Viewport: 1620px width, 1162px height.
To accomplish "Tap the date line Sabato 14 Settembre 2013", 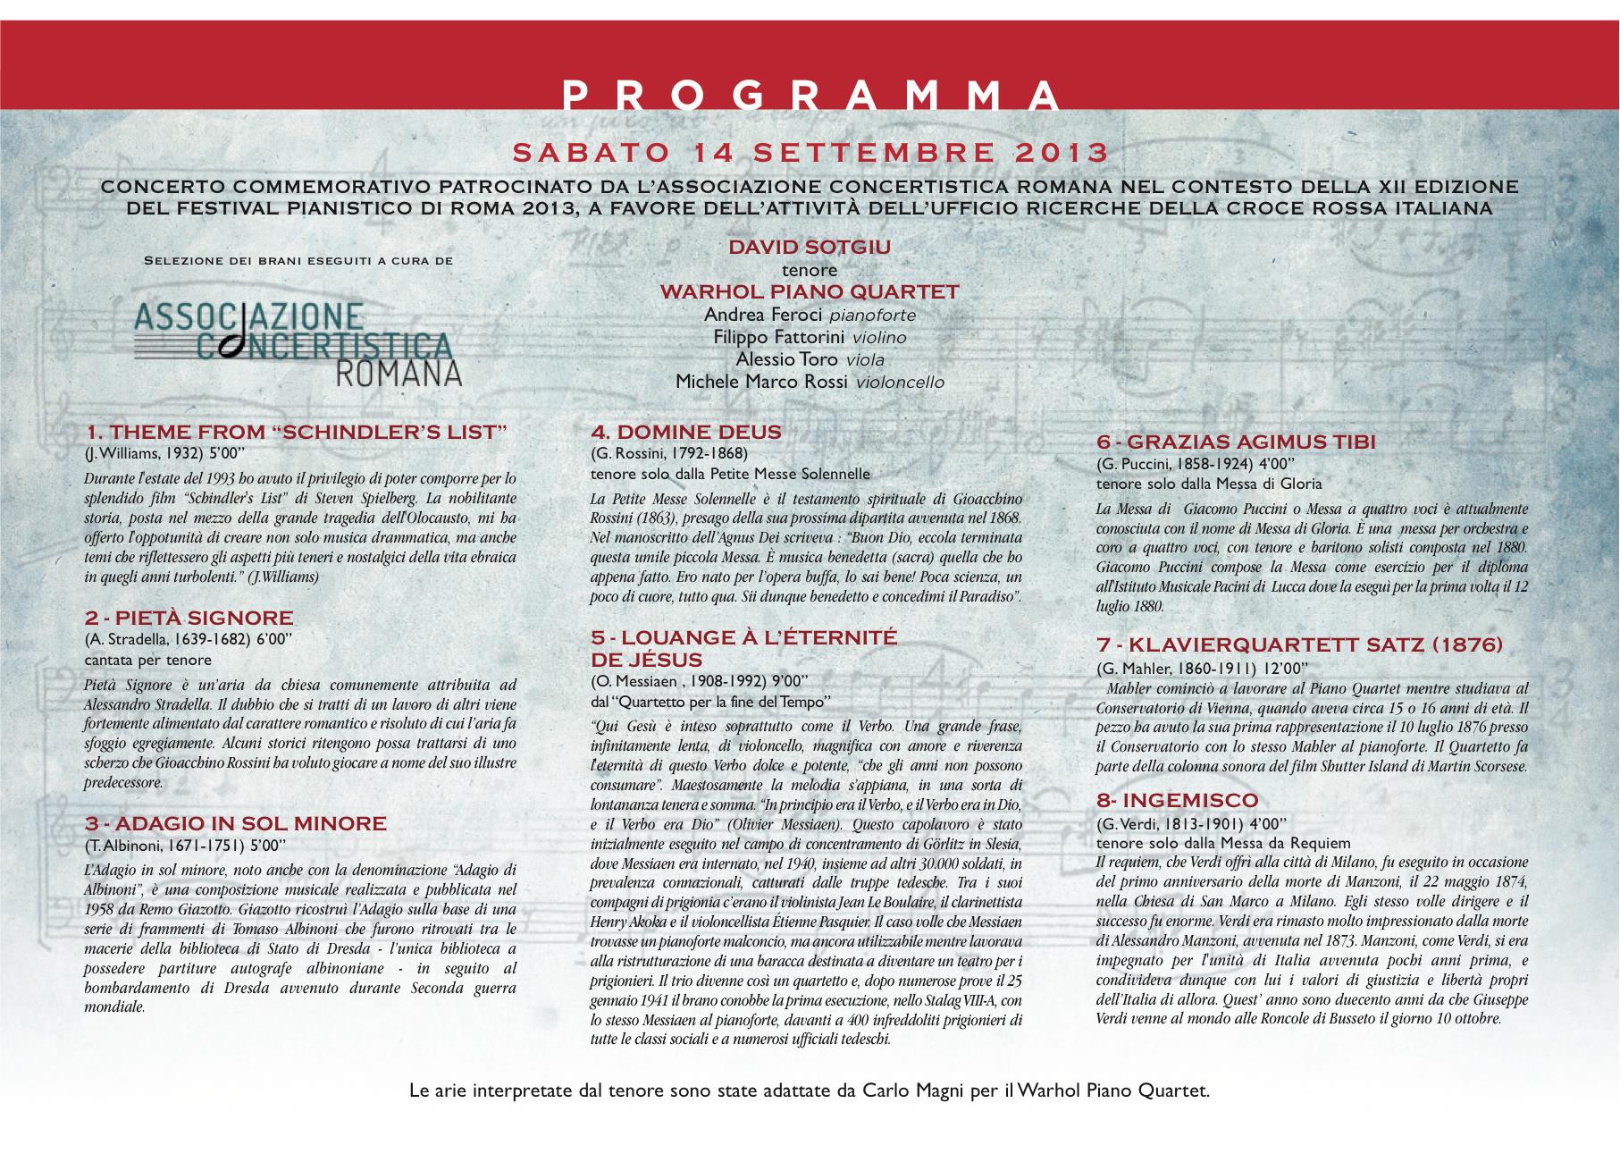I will coord(810,153).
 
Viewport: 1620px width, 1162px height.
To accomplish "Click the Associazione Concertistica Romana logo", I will coord(298,343).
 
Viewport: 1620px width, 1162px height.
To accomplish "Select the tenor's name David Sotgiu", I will coord(810,248).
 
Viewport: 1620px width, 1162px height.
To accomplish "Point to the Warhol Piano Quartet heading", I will coord(810,292).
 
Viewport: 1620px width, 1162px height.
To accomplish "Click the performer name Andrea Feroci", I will coord(765,315).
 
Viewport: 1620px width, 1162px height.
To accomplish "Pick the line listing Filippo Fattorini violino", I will coord(810,337).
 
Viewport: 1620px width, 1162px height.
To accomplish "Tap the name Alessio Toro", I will coord(786,359).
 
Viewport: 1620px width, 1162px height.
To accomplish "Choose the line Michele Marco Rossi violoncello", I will coord(810,382).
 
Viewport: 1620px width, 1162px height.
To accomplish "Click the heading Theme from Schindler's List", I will coord(296,433).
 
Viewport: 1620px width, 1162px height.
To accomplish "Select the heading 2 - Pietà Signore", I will coord(189,618).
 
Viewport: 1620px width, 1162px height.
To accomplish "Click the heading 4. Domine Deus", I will coord(685,433).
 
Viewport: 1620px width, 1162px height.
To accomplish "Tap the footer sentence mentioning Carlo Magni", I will coord(810,1090).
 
